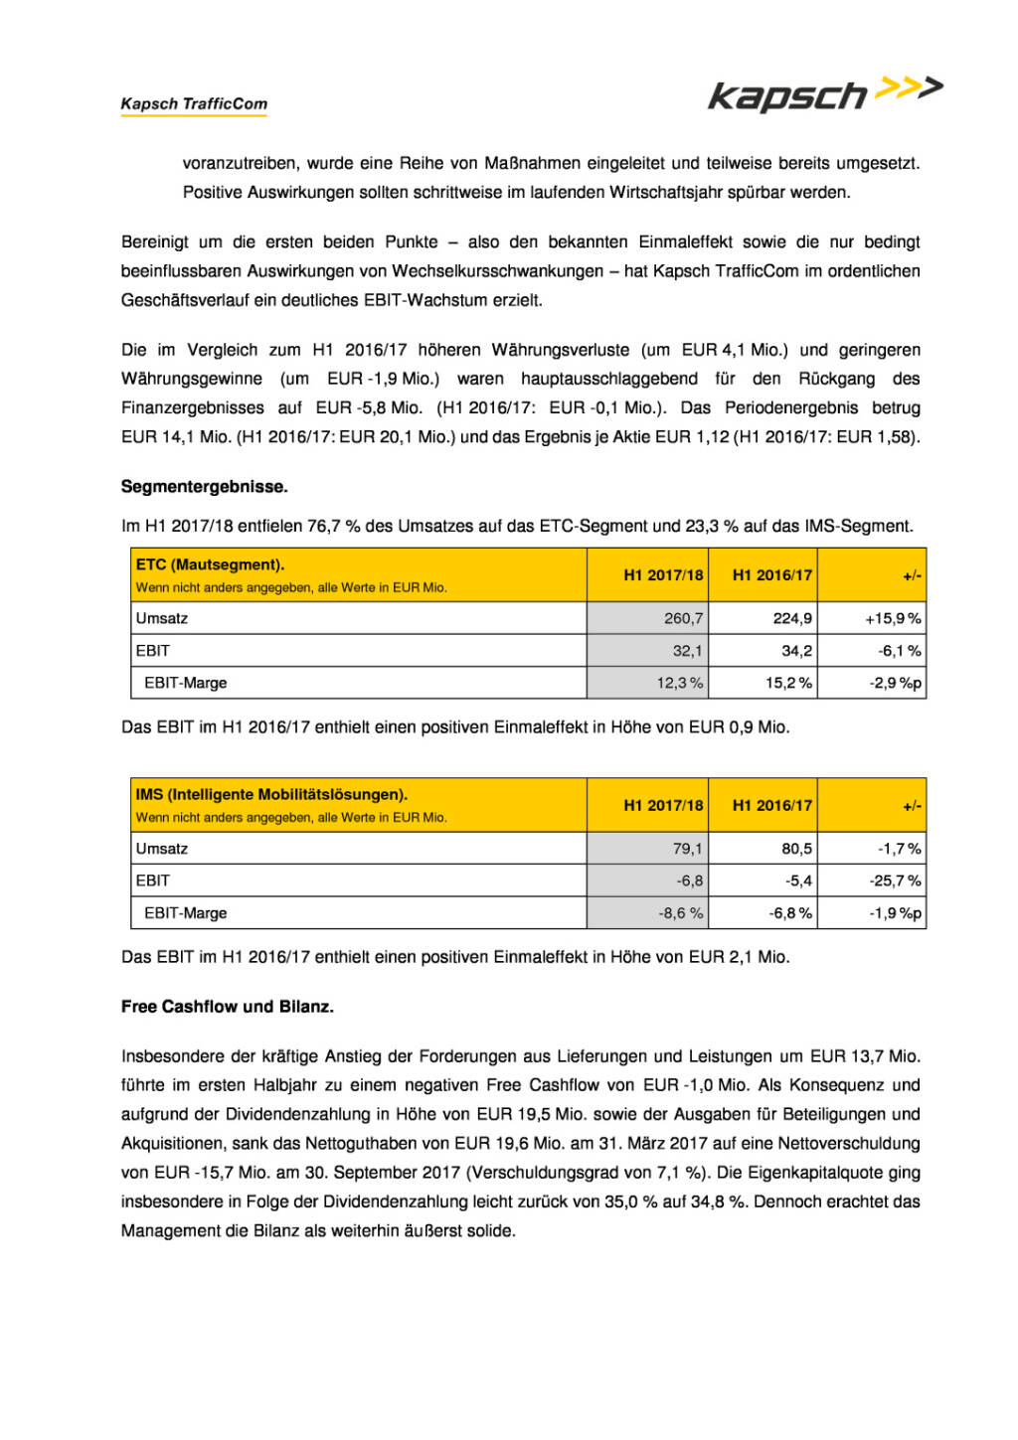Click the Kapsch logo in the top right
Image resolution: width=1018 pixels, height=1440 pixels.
click(x=824, y=93)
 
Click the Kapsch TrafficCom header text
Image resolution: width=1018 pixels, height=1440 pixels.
click(x=194, y=103)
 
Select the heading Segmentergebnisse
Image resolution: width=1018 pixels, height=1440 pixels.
click(x=204, y=486)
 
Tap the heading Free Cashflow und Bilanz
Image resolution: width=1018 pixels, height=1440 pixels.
click(x=228, y=1006)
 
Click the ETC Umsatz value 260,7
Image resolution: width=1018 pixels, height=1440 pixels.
click(x=683, y=618)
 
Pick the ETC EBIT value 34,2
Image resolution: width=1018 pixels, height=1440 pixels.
click(x=796, y=651)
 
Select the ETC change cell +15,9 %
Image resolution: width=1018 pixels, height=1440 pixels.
click(x=892, y=618)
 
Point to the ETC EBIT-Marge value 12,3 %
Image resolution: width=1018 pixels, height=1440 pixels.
click(x=679, y=683)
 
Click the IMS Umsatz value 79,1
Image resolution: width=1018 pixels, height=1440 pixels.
click(x=687, y=849)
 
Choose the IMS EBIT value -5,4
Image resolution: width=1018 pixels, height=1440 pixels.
click(x=798, y=880)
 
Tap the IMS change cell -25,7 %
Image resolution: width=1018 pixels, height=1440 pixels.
click(x=895, y=880)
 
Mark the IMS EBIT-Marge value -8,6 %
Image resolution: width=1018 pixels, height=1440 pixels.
click(x=680, y=913)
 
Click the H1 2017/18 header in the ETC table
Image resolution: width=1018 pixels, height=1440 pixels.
click(x=663, y=574)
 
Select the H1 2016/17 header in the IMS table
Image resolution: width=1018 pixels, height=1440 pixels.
click(x=771, y=805)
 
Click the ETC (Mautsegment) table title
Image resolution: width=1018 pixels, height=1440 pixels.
click(x=210, y=564)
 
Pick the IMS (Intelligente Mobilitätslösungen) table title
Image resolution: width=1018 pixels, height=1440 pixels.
click(x=271, y=794)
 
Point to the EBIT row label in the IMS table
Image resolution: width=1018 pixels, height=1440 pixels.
click(x=153, y=880)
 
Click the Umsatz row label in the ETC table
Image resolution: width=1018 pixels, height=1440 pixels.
click(x=162, y=618)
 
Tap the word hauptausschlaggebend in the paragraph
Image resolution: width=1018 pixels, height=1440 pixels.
click(x=608, y=379)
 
